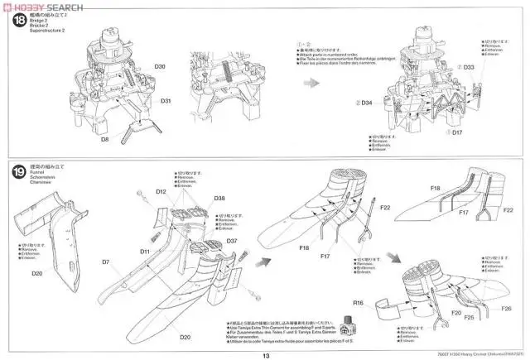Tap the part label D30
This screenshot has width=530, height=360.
coord(160,66)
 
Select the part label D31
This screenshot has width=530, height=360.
coord(166,101)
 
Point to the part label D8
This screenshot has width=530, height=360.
coord(105,140)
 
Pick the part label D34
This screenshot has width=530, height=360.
coord(367,103)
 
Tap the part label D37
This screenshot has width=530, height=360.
coord(232,241)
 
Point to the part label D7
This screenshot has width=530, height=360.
coord(106,262)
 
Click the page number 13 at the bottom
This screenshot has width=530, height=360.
coord(266,355)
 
